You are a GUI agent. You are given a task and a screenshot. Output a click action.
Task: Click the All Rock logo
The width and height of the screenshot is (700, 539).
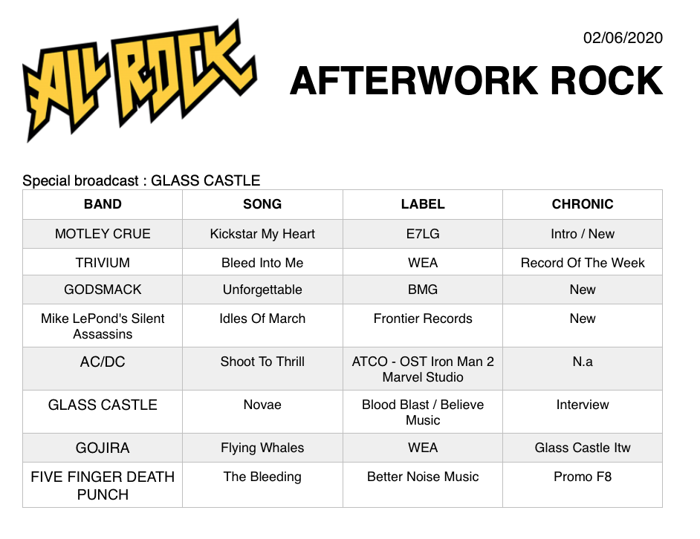[x=139, y=81]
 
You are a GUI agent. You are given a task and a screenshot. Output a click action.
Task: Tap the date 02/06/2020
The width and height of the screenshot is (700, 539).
[x=623, y=38]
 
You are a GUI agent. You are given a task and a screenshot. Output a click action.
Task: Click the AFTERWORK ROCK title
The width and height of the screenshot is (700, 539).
[x=476, y=81]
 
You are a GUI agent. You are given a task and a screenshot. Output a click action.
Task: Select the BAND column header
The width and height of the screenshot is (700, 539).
[x=103, y=204]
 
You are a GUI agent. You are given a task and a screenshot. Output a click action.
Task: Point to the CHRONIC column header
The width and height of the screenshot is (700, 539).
[x=583, y=204]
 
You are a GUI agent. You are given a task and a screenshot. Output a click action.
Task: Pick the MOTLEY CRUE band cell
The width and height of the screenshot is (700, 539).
[x=103, y=234]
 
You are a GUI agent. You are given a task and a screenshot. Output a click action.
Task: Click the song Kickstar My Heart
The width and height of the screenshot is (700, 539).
[x=262, y=234]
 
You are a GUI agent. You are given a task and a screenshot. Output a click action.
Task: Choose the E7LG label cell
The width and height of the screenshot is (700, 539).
[x=423, y=234]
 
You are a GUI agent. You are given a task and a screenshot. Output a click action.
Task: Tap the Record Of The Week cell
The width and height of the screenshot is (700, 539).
[x=583, y=263]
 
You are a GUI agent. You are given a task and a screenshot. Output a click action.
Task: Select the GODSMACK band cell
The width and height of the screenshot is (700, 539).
[x=103, y=290]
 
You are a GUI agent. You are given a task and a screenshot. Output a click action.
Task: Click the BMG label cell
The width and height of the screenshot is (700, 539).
[x=423, y=290]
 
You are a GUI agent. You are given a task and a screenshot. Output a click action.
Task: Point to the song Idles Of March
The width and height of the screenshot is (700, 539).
[x=262, y=318]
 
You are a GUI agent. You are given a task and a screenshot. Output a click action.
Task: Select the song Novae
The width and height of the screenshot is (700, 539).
[x=262, y=405]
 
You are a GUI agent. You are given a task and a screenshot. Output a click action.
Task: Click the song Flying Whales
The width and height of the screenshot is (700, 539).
[x=262, y=448]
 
